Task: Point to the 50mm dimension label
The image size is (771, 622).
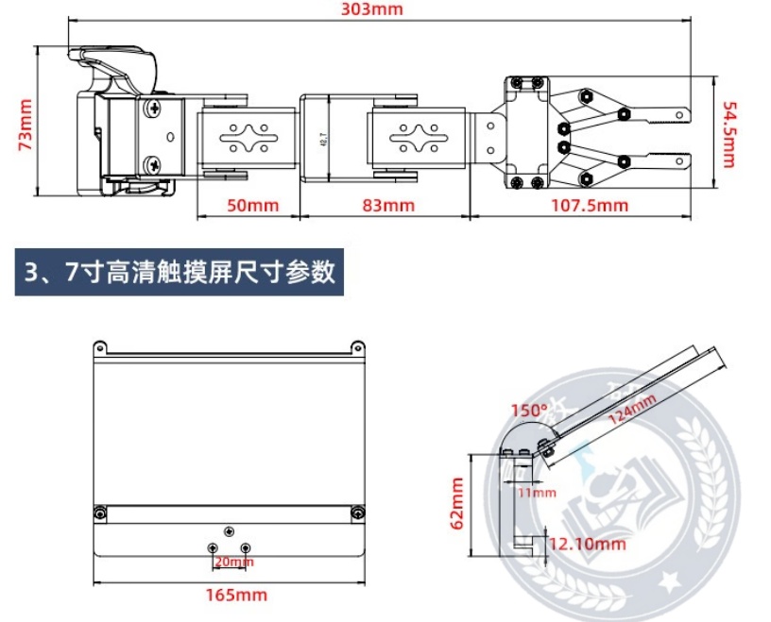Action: click(248, 204)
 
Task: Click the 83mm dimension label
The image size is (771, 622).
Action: click(386, 204)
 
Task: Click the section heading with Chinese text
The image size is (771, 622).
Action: click(180, 274)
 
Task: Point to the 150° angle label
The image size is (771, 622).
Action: click(529, 412)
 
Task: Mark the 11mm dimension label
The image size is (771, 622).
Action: click(536, 492)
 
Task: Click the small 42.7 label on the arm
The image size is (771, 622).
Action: click(323, 139)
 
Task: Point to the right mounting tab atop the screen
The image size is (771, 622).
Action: click(357, 345)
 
